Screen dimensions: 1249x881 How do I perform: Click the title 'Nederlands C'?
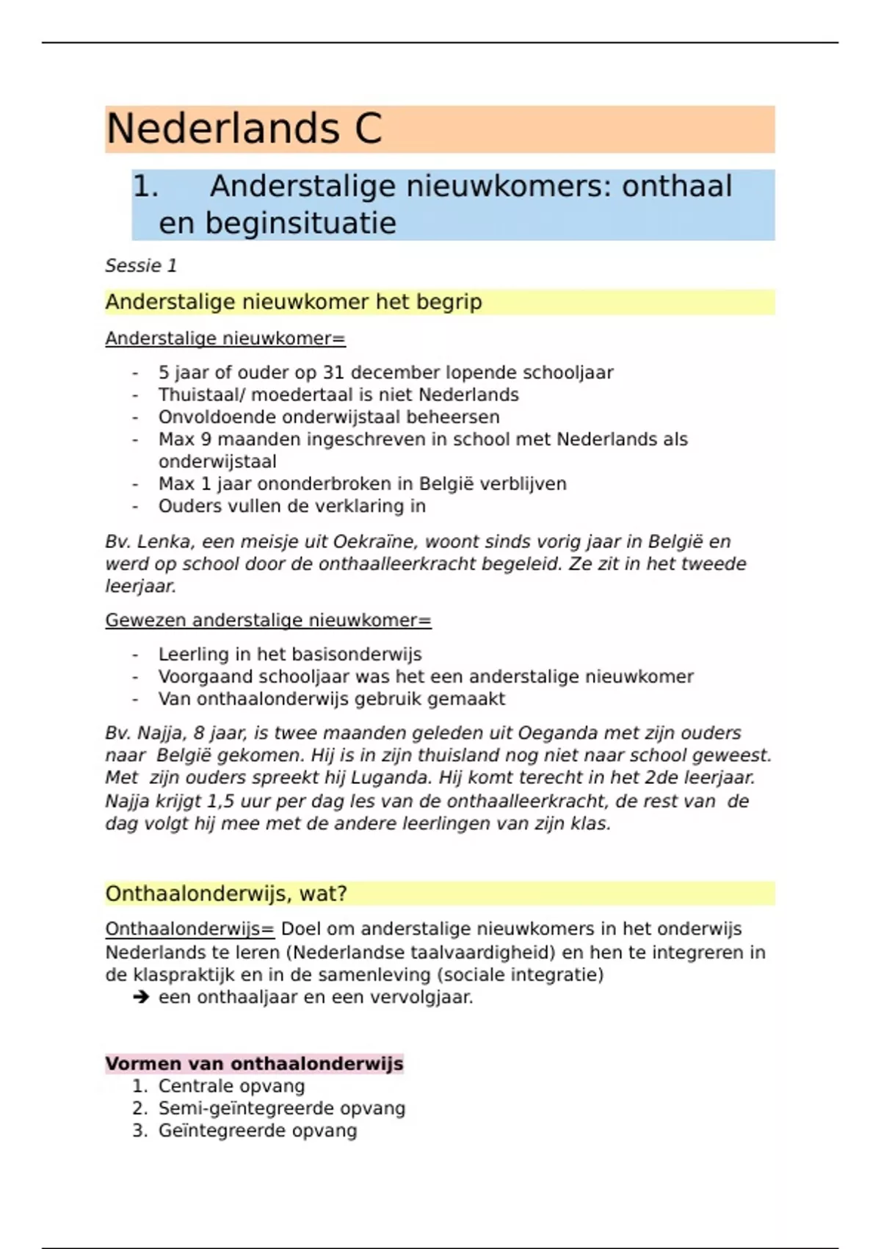coord(244,129)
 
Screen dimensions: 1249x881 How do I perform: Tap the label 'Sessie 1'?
coord(141,266)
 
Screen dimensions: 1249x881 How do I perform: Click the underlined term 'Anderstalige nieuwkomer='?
coord(225,339)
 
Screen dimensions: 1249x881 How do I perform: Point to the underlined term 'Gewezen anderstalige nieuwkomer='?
coord(268,621)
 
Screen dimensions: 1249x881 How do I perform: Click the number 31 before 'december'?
coord(334,373)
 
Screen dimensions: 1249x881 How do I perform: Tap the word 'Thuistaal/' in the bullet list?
coord(202,395)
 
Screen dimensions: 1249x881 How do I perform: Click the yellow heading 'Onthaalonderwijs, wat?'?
coord(226,894)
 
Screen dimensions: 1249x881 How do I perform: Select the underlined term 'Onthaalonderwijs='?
coord(189,929)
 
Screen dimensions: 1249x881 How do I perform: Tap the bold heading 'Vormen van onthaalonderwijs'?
coord(254,1064)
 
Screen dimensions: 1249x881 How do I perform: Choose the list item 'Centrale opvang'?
coord(231,1087)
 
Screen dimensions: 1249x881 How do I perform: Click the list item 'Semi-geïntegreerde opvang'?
coord(281,1109)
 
